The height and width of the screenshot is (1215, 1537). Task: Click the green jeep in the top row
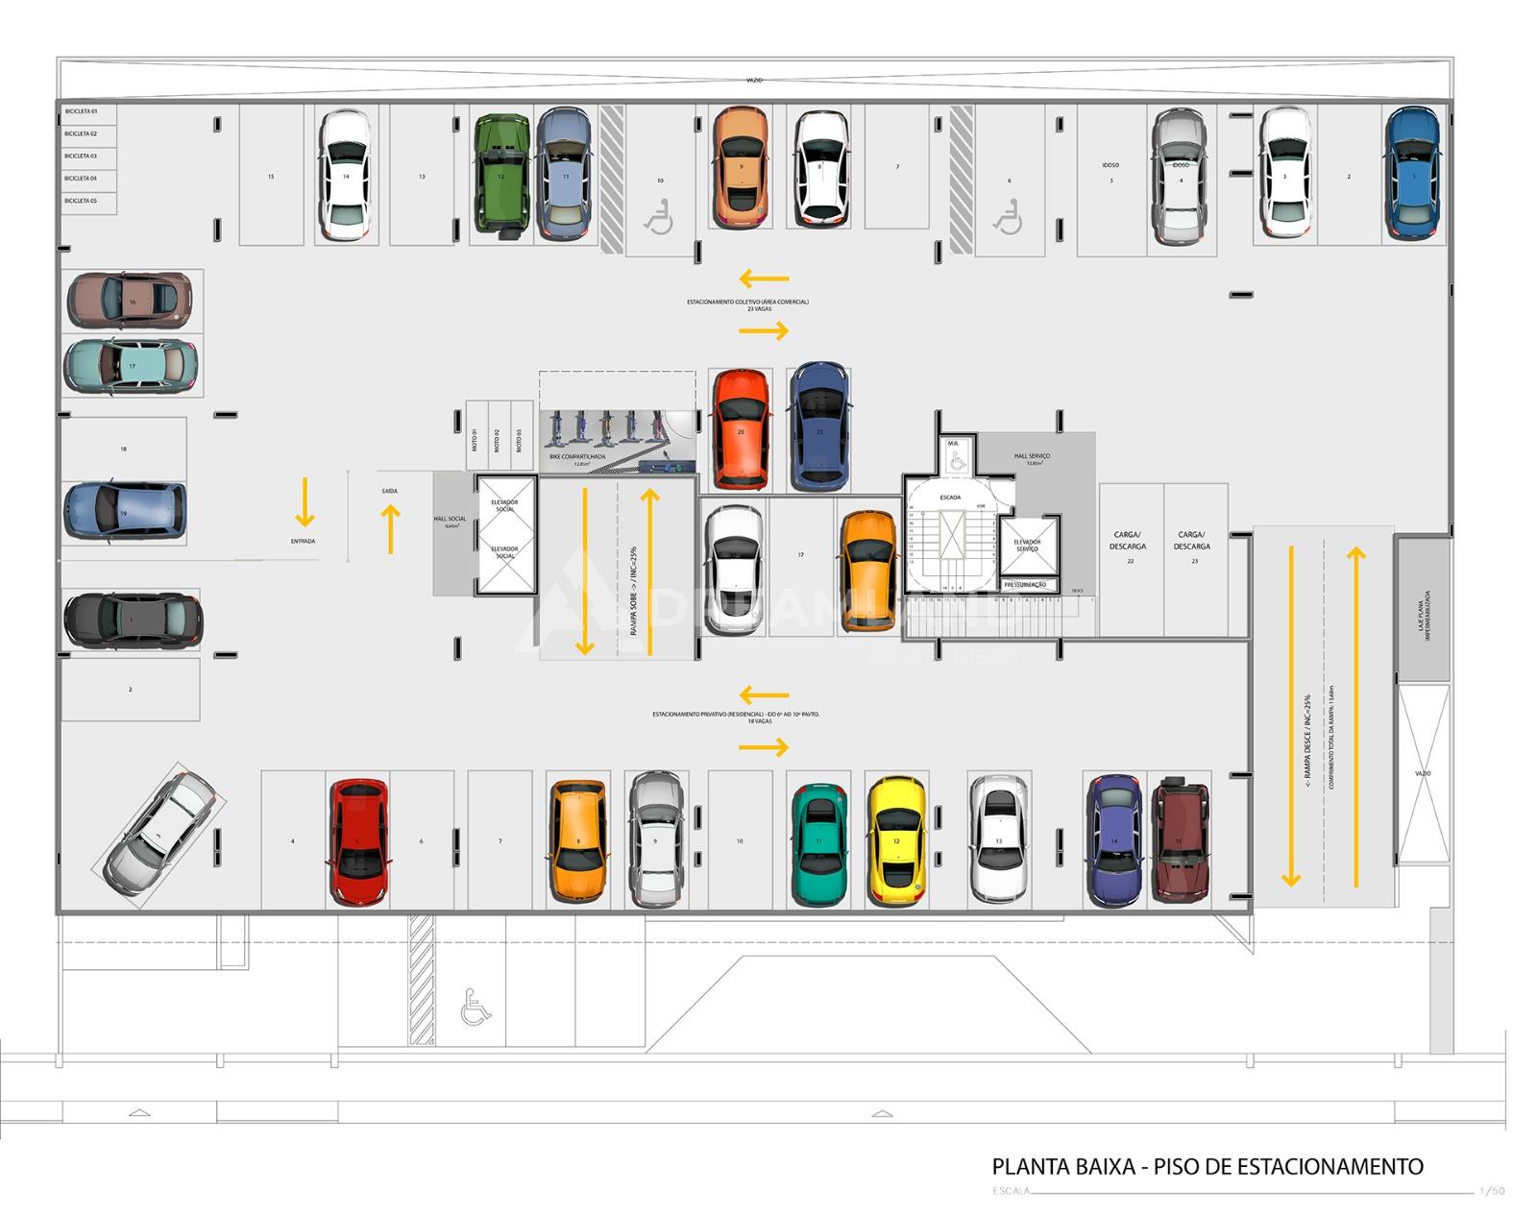[x=501, y=174]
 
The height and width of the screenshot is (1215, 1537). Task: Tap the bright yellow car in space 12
[x=896, y=841]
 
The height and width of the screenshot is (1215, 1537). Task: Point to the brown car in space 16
[x=130, y=300]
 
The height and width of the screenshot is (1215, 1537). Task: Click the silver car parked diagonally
[x=159, y=829]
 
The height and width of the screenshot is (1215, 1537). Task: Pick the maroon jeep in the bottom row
[x=1181, y=838]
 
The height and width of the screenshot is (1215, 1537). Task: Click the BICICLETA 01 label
[x=81, y=112]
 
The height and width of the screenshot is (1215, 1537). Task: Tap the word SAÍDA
[x=389, y=491]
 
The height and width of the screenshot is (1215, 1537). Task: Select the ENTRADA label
[x=304, y=542]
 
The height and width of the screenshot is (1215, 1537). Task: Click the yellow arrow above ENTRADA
[x=305, y=502]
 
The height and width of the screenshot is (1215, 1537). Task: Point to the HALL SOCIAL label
[x=450, y=521]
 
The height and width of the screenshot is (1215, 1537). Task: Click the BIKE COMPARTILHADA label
[x=577, y=457]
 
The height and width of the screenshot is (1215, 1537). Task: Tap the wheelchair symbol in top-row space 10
[x=659, y=219]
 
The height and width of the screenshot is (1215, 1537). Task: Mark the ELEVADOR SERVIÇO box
[x=1027, y=546]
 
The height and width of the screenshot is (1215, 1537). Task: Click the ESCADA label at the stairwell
[x=950, y=498]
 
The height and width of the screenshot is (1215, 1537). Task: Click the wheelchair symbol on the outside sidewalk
[x=475, y=1007]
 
